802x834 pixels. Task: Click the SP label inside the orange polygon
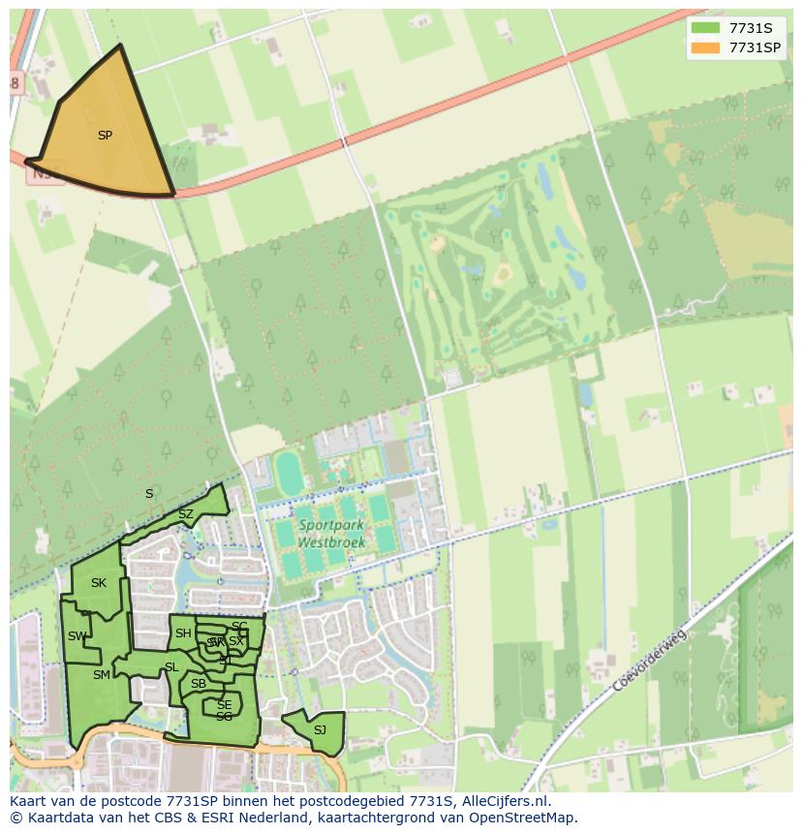coord(105,136)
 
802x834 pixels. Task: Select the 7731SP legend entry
coord(755,46)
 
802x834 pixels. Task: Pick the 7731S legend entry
coord(750,28)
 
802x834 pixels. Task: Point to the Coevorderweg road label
coord(649,661)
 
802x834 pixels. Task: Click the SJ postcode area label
coord(320,729)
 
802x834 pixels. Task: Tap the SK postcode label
coord(98,583)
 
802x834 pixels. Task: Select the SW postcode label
coord(77,636)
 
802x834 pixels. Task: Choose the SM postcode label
coord(101,675)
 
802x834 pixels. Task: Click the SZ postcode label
coord(186,514)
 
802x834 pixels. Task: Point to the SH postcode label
coord(182,634)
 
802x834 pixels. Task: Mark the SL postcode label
coord(171,667)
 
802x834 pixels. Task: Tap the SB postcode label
coord(199,684)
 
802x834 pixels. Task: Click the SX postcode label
coord(236,641)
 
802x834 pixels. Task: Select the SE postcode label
coord(224,705)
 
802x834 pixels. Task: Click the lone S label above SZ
coord(149,494)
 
